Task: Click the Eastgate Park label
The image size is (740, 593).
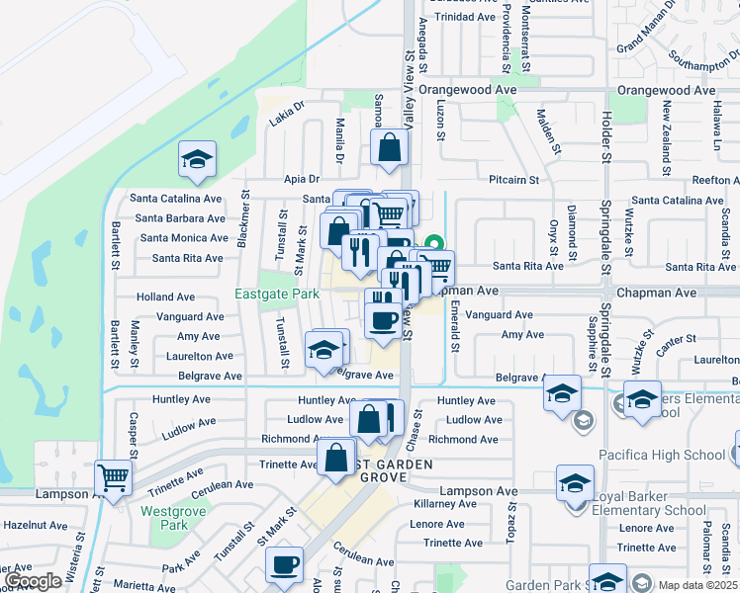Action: click(x=277, y=294)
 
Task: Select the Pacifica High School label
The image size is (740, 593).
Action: click(x=662, y=455)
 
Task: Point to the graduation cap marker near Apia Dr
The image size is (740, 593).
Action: click(x=197, y=161)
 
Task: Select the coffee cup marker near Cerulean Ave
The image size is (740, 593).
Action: click(x=284, y=565)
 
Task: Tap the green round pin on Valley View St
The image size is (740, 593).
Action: click(x=433, y=242)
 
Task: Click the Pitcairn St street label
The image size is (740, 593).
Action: click(x=513, y=180)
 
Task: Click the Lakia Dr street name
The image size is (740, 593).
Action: click(x=288, y=121)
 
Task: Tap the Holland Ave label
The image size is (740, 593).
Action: click(x=165, y=296)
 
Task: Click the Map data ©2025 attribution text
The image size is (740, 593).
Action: click(x=696, y=585)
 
